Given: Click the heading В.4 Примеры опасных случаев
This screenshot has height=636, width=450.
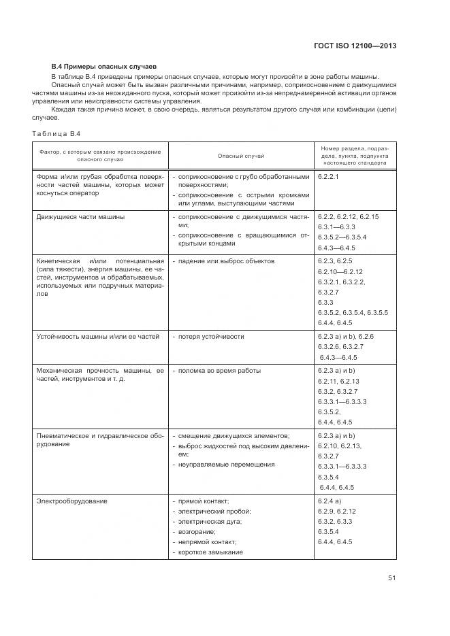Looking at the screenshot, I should pos(104,67).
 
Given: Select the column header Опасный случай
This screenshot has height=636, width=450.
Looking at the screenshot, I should pos(240,156).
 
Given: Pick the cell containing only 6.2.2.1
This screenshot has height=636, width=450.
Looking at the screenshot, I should pos(328,176).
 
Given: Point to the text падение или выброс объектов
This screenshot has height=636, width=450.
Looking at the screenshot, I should pos(227,261).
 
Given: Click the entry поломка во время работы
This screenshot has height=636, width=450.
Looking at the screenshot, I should pos(220,371).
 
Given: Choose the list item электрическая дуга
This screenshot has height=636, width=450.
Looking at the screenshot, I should pos(210,521).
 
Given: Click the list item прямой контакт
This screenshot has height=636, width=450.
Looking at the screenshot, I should pos(204,501).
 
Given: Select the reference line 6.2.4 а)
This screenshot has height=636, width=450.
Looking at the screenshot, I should pos(330,501).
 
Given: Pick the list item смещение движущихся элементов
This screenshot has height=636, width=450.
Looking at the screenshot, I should pos(234,435).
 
